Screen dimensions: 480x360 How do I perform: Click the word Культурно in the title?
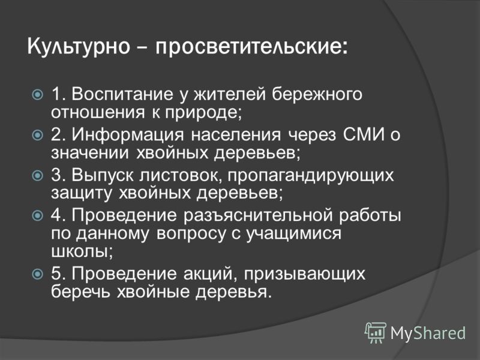[79, 47]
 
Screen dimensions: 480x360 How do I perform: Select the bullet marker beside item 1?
[37, 95]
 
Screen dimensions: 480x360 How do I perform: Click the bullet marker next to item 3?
[37, 176]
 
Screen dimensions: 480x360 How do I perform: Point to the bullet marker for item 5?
[37, 274]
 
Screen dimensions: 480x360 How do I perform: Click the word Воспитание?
[122, 94]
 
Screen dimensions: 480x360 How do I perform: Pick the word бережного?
[317, 94]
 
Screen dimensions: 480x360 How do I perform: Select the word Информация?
[128, 135]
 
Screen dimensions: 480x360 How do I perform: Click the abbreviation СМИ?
[364, 134]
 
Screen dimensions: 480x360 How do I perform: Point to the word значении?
[90, 153]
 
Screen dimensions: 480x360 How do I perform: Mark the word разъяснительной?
[258, 216]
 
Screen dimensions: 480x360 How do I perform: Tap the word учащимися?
[294, 234]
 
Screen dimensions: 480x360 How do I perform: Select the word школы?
[82, 253]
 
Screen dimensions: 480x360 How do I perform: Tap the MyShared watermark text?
[428, 333]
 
